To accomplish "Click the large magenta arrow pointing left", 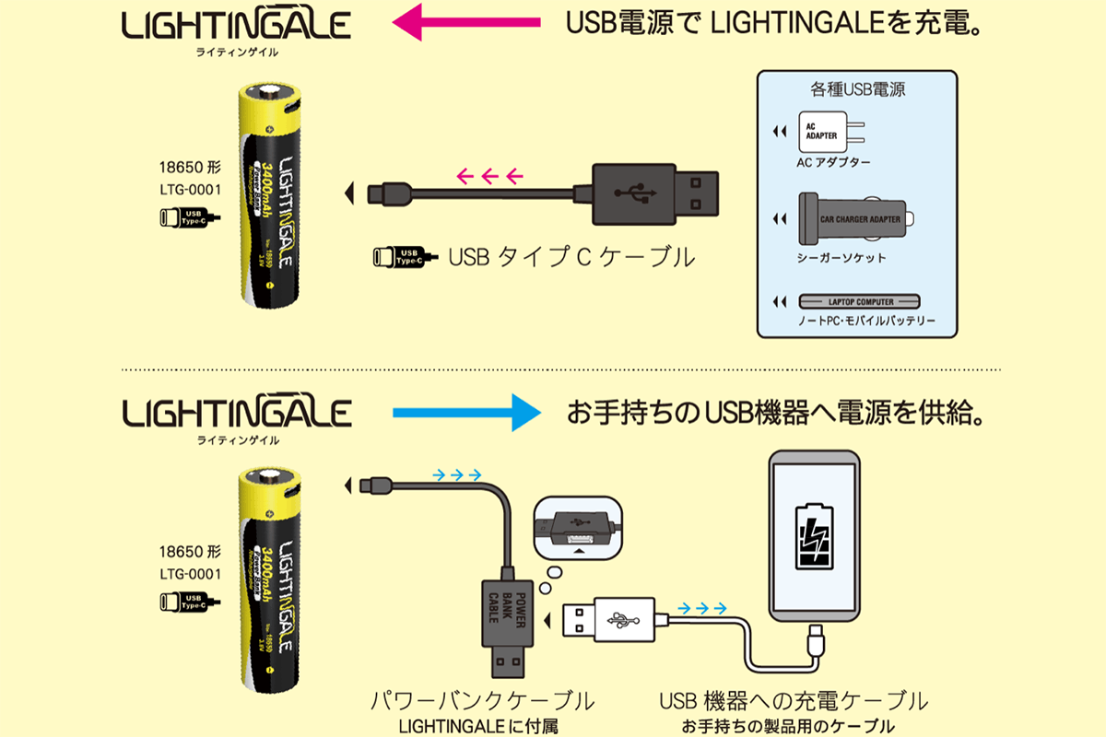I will coord(466,22).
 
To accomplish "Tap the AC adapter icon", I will coord(827,134).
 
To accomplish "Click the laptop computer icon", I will coord(859,302).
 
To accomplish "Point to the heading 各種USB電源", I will coord(852,89).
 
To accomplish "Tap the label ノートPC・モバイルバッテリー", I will coord(853,322).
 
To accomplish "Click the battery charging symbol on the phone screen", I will coord(814,537).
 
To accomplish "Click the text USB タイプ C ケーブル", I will coord(571,257).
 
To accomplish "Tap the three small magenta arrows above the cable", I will coord(489,173).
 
